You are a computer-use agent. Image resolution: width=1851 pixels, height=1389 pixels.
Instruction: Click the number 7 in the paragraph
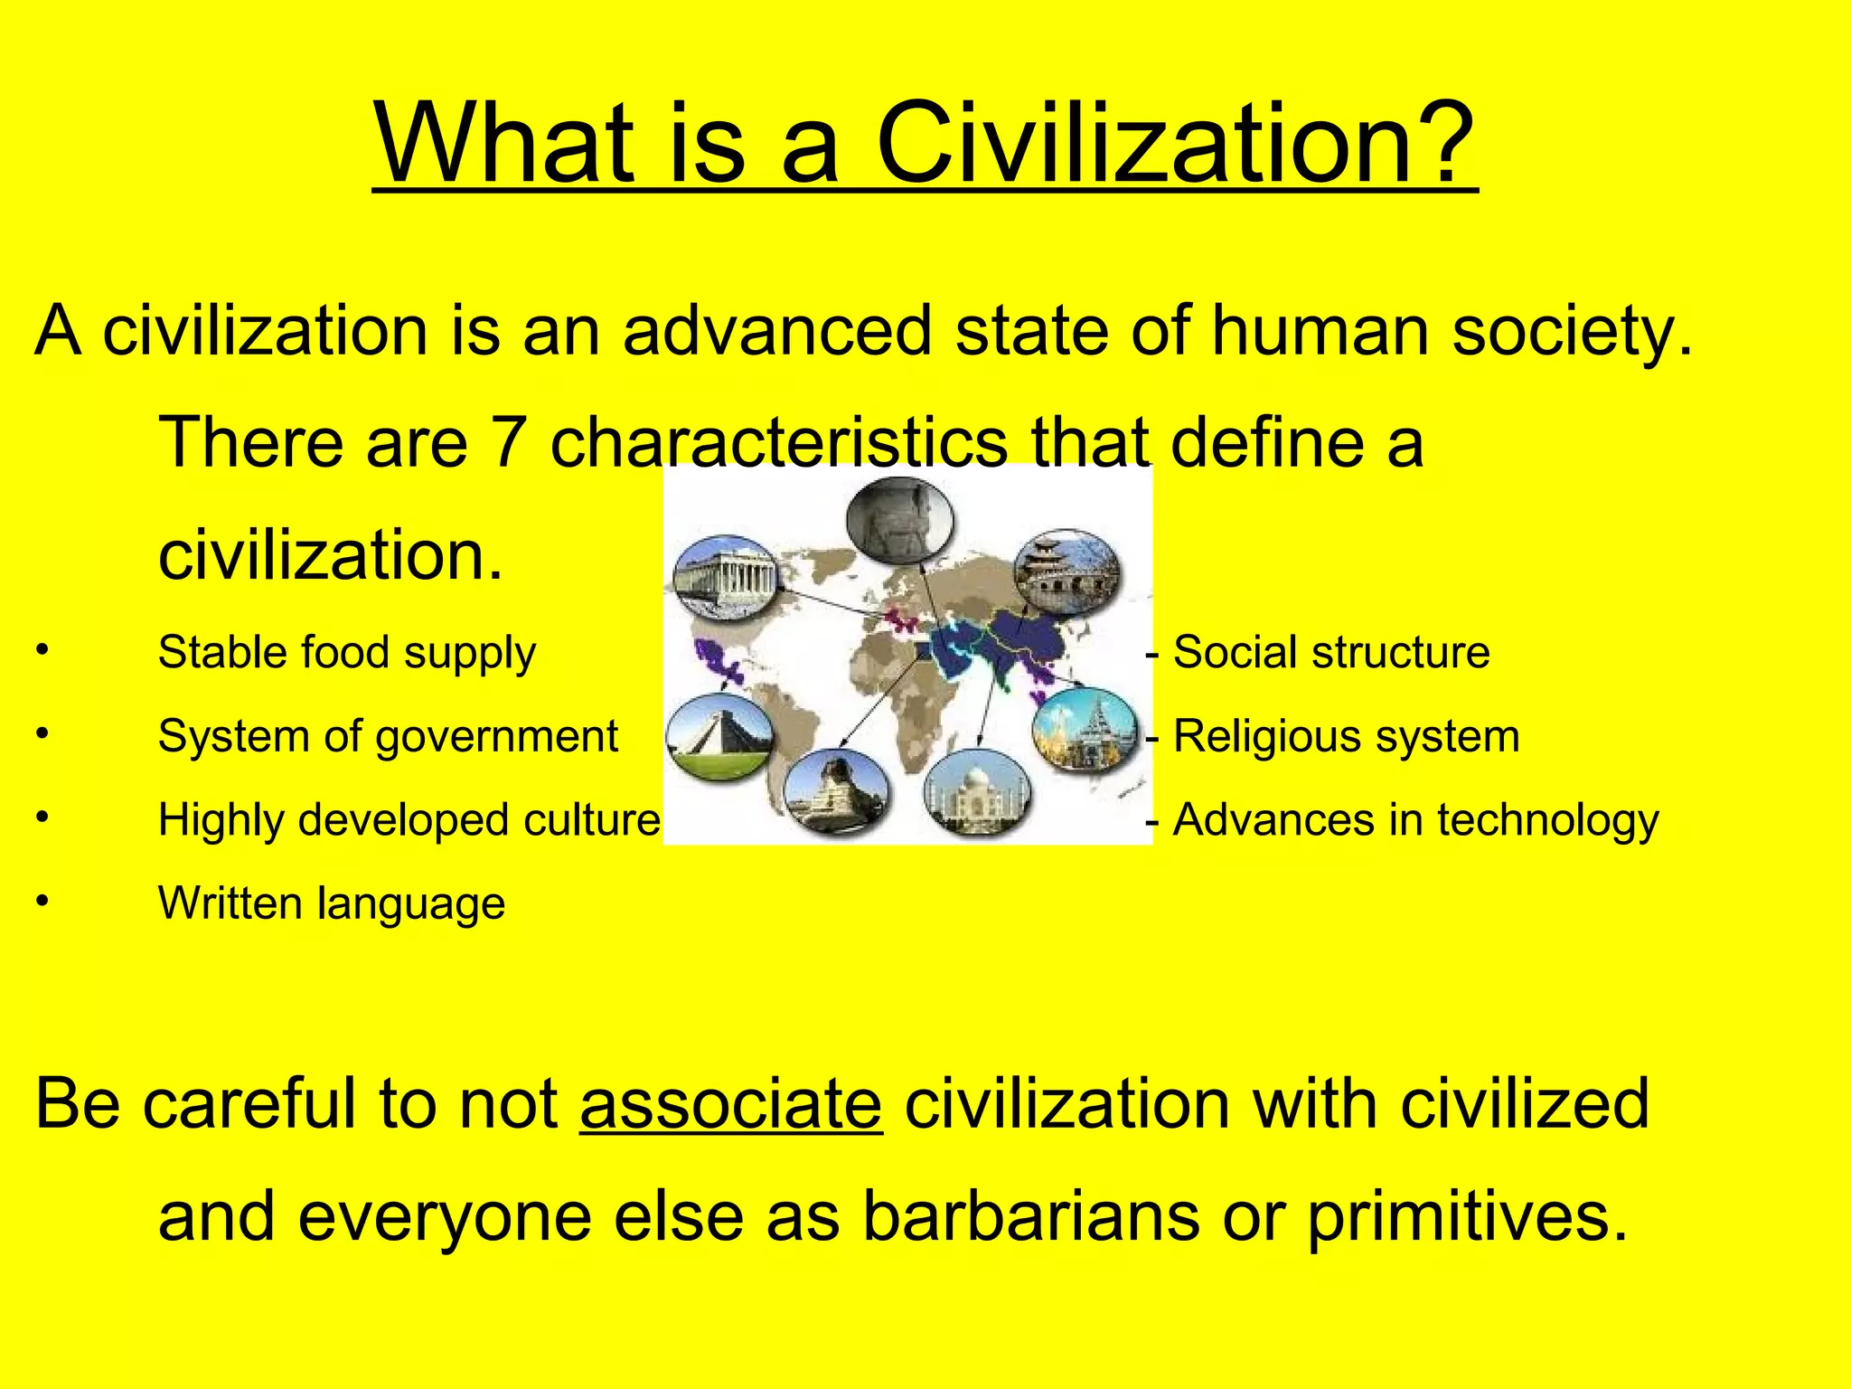[x=508, y=442]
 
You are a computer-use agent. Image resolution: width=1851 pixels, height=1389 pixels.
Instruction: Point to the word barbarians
[x=1030, y=1215]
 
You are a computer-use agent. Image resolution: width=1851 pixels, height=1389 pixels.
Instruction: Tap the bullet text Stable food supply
[x=347, y=653]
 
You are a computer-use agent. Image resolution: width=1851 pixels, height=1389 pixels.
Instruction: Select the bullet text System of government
[x=388, y=736]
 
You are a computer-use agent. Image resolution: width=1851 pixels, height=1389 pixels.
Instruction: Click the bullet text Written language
[x=332, y=903]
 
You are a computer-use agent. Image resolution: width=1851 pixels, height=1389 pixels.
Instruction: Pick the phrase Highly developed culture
[x=409, y=820]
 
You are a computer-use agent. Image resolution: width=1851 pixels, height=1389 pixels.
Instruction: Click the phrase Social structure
[x=1330, y=652]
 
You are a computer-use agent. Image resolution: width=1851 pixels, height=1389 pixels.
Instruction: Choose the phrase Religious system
[x=1346, y=736]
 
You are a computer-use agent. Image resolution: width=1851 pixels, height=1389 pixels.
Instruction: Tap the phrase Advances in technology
[x=1415, y=820]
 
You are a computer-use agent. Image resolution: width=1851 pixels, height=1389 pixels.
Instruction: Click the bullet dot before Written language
[x=42, y=902]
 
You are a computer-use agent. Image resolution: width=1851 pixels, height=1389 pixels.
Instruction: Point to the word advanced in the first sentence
[x=776, y=331]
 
